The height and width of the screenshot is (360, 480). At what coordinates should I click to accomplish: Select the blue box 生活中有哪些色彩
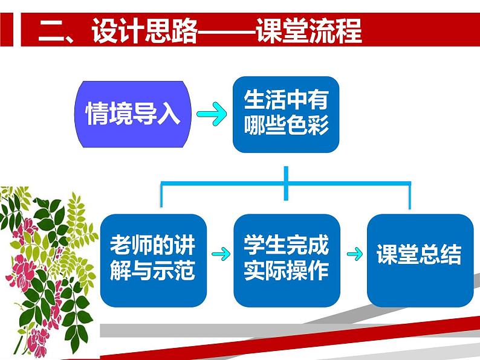click(x=286, y=114)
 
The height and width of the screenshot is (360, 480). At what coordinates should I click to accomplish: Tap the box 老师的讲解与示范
click(x=154, y=259)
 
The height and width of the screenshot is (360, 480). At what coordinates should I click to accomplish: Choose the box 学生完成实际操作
click(x=286, y=259)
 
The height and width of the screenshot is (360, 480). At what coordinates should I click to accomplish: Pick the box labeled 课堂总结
click(x=420, y=259)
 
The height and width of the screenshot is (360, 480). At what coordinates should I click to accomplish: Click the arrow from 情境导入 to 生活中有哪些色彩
click(x=211, y=114)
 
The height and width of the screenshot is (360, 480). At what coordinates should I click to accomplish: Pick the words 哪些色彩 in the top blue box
click(x=286, y=126)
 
